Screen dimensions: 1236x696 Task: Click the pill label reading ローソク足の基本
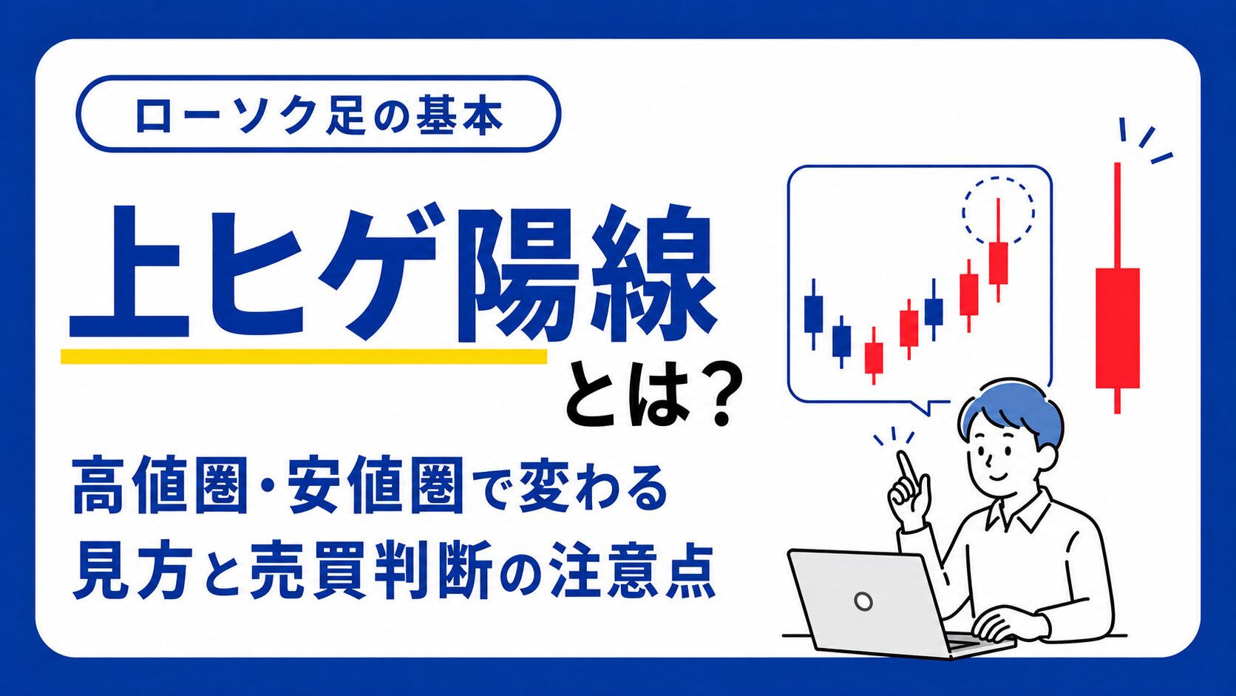pyautogui.click(x=318, y=114)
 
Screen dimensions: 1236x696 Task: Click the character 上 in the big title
pyautogui.click(x=129, y=271)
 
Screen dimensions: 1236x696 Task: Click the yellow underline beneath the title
pyautogui.click(x=304, y=356)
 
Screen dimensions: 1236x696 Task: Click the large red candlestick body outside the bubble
pyautogui.click(x=1118, y=328)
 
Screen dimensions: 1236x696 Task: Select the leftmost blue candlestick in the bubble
pyautogui.click(x=813, y=314)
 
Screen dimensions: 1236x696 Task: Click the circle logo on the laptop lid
pyautogui.click(x=863, y=601)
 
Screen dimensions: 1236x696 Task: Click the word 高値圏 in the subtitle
pyautogui.click(x=160, y=486)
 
